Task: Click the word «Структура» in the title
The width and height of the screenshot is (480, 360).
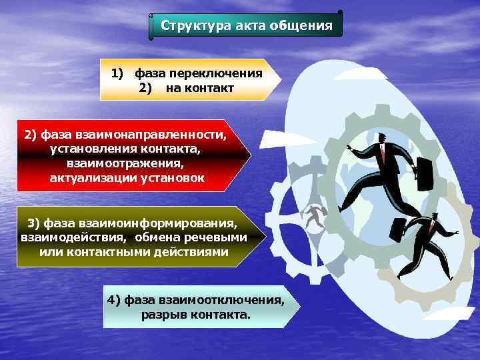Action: click(194, 26)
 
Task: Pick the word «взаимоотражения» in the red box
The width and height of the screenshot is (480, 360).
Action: click(124, 163)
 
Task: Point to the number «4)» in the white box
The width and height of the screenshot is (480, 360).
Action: click(114, 300)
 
